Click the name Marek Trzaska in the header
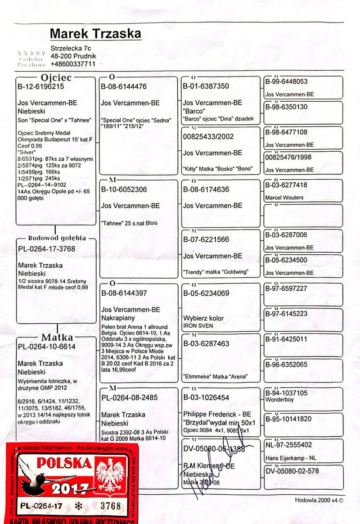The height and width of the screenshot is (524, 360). point(95,34)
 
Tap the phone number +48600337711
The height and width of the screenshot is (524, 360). point(73,64)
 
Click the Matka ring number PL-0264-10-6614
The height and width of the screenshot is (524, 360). point(47,347)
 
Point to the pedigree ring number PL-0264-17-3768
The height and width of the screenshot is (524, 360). point(47,249)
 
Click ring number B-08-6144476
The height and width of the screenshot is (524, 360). point(124,86)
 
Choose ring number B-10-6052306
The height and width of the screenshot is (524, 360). point(124,190)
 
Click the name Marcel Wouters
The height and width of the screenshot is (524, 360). point(284,198)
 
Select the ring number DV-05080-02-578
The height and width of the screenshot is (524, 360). point(292,471)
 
